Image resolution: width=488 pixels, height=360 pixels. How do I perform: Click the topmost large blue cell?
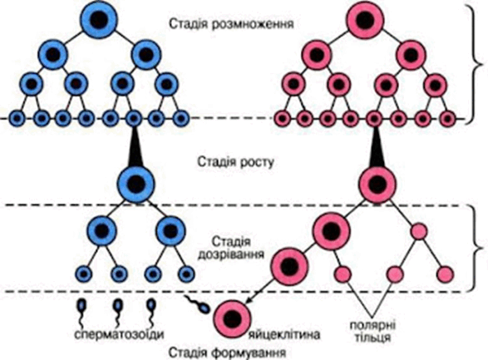tap(101, 20)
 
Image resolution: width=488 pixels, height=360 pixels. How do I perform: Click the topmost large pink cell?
tap(366, 20)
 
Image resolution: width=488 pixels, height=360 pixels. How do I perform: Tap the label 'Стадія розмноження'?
tap(231, 24)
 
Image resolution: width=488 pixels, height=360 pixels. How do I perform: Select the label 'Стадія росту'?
tap(236, 162)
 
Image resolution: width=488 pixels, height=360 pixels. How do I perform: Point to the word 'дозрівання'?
tap(231, 254)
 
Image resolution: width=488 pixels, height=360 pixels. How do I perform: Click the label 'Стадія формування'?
tap(227, 353)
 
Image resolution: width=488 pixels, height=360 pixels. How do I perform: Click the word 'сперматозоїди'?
tap(119, 334)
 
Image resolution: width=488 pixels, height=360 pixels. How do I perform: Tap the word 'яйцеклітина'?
tap(284, 335)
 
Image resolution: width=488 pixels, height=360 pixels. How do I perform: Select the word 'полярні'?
tap(372, 325)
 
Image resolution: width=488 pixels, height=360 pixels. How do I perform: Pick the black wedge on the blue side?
tap(135, 147)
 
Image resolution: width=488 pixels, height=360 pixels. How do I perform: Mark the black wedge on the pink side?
tap(376, 147)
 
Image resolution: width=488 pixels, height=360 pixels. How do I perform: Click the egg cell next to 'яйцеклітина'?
tap(232, 319)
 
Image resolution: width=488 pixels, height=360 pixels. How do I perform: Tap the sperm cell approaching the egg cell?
tap(200, 306)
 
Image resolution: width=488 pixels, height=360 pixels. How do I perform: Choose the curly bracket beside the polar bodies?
tap(477, 249)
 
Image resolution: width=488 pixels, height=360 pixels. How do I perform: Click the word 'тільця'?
tap(372, 338)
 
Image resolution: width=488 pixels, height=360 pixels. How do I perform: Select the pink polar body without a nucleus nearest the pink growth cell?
tap(419, 232)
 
